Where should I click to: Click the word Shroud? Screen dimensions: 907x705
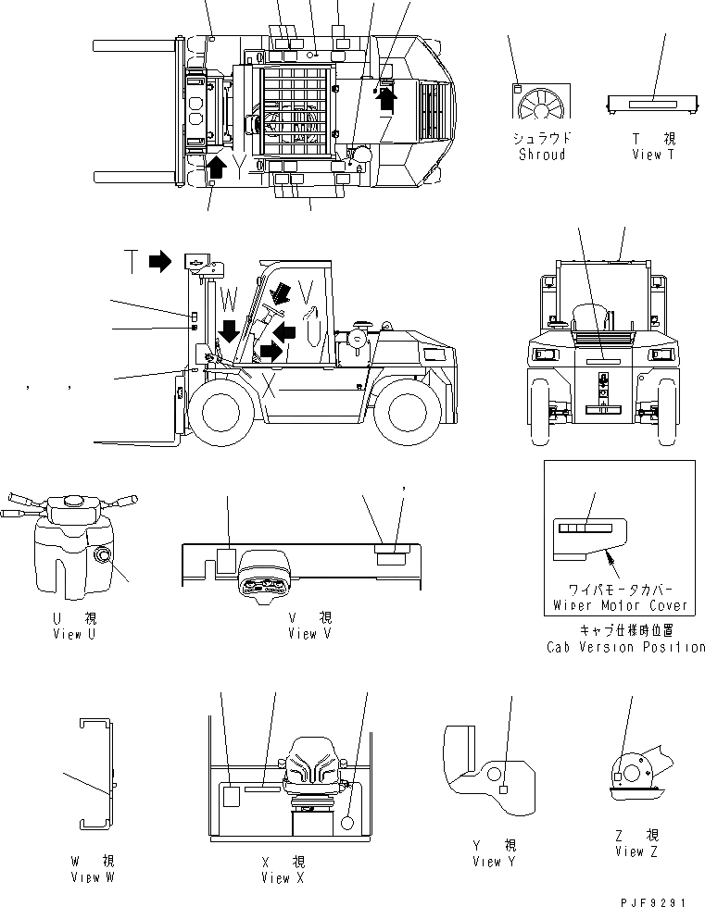tap(542, 155)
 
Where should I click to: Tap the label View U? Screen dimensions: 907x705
tap(75, 634)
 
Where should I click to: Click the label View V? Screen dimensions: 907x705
tap(309, 634)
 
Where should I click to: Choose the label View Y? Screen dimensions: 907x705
tap(494, 862)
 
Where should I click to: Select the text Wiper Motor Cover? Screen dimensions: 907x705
tap(627, 605)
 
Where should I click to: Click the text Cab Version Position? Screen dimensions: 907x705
tap(625, 647)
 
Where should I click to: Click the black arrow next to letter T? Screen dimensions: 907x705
tap(160, 262)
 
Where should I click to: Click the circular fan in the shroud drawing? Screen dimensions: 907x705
tap(543, 107)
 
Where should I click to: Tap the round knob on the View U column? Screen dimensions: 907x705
tap(101, 556)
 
